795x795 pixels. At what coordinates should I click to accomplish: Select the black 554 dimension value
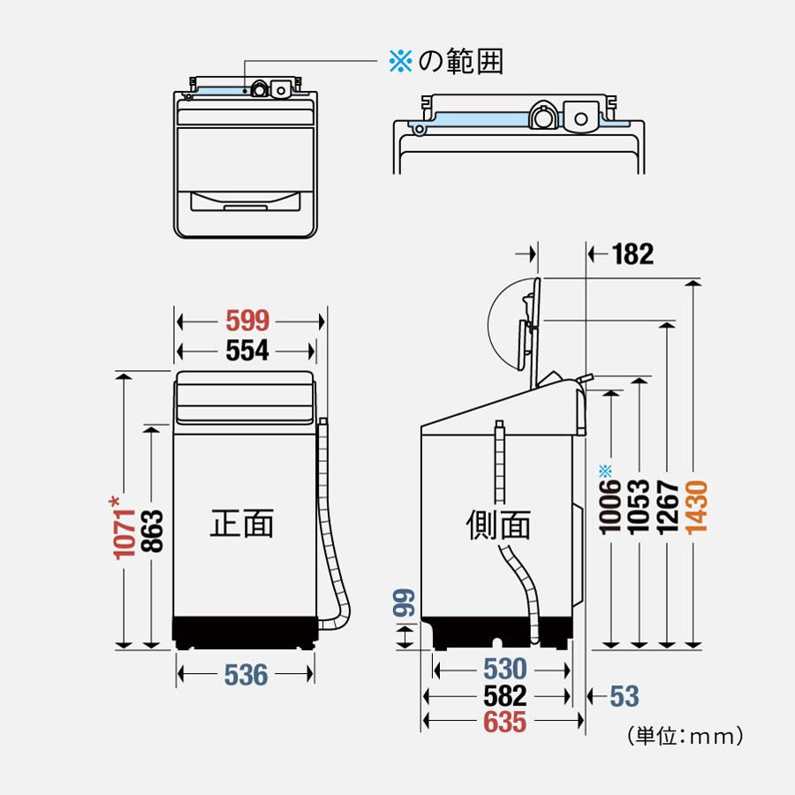tap(246, 351)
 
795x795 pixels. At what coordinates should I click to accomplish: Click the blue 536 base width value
tap(245, 675)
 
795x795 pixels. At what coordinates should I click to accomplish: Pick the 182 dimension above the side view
tap(632, 254)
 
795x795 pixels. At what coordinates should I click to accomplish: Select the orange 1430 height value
tap(696, 509)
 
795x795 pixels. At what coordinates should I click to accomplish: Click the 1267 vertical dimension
tap(668, 509)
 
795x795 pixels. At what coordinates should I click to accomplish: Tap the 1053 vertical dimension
tap(638, 509)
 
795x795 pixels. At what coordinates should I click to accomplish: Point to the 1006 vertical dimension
tap(609, 512)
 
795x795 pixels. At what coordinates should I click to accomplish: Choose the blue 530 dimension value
tap(503, 668)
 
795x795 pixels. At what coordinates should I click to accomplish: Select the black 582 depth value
tap(504, 695)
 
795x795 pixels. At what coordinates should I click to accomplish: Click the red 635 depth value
tap(504, 723)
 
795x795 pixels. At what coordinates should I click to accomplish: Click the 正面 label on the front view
tap(241, 523)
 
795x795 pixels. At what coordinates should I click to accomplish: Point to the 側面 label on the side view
tap(498, 525)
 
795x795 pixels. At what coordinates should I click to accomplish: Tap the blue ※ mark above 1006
tap(605, 469)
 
